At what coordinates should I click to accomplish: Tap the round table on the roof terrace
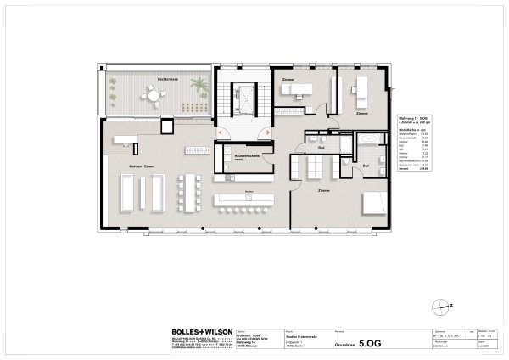(154, 97)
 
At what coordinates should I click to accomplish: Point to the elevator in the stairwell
(245, 100)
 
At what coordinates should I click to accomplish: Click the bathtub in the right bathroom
(371, 138)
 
